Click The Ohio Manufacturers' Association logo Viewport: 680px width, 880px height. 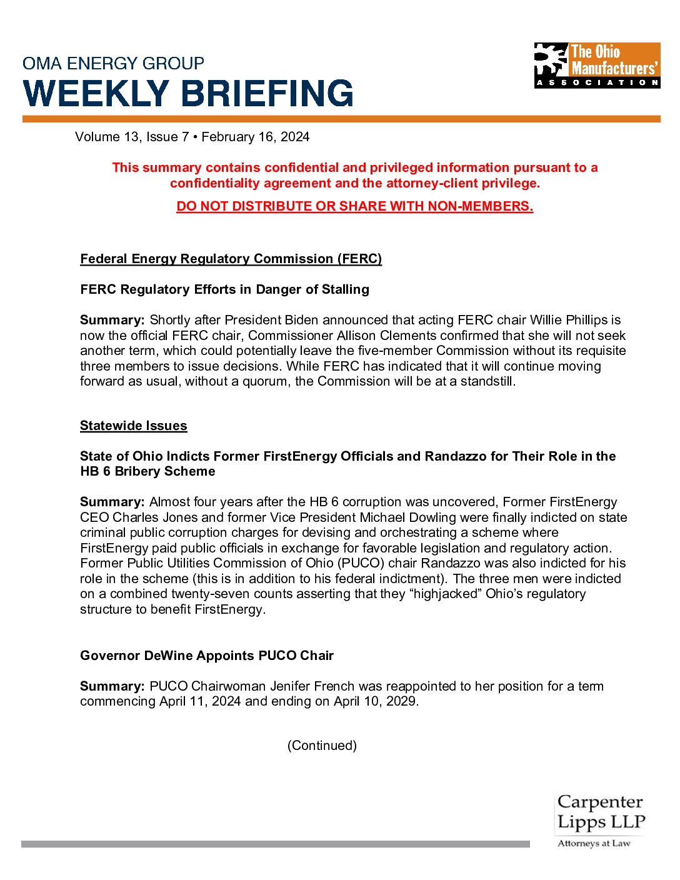[597, 65]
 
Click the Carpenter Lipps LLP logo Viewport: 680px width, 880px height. [600, 819]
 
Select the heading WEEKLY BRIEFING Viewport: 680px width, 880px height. [188, 93]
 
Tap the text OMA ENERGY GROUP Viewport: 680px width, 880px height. [113, 63]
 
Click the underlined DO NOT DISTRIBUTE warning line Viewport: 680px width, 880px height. [354, 206]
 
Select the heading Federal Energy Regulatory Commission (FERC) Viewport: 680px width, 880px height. [231, 259]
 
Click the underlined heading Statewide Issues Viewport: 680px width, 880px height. [133, 426]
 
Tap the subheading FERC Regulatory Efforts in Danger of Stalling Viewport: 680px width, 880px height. [224, 289]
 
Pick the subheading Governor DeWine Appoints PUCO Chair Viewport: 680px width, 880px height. [207, 656]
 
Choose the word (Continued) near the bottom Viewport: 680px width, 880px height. [322, 746]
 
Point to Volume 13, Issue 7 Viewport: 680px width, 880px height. [132, 137]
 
